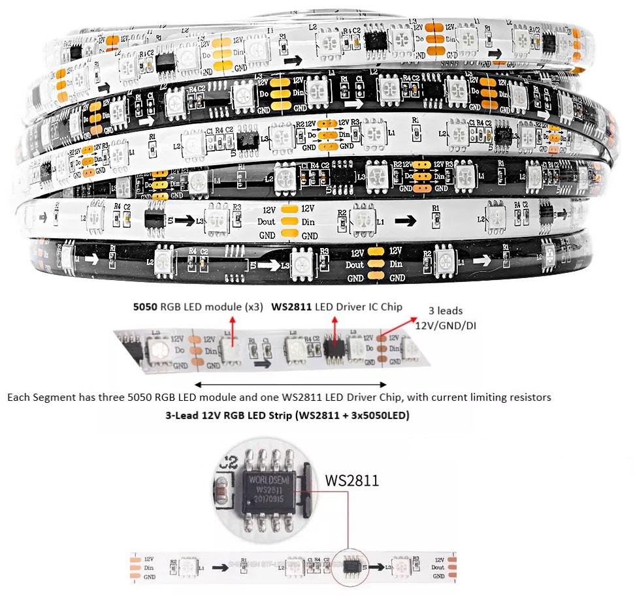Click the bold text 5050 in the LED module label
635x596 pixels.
click(145, 306)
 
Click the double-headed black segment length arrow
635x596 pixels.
click(291, 384)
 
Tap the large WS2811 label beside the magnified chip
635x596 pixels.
click(351, 481)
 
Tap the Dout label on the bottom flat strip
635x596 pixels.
click(438, 567)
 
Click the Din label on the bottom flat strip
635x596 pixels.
click(150, 568)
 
